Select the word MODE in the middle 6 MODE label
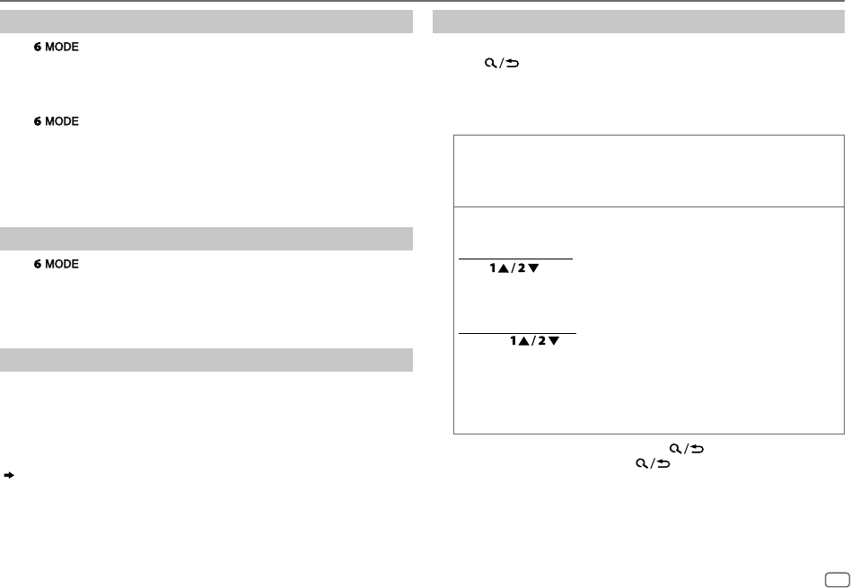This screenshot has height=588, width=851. point(62,121)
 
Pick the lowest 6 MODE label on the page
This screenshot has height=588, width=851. point(56,265)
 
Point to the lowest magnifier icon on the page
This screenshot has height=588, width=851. point(641,464)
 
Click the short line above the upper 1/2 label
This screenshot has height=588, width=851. point(515,259)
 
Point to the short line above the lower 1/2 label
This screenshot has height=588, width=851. point(517,334)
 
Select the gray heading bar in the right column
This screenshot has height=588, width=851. point(638,22)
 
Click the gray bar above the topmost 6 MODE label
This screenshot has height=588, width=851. point(206,22)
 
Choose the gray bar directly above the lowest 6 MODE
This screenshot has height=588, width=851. point(206,239)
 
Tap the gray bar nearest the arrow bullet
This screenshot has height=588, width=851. point(206,360)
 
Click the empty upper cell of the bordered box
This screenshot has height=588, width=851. point(649,171)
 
